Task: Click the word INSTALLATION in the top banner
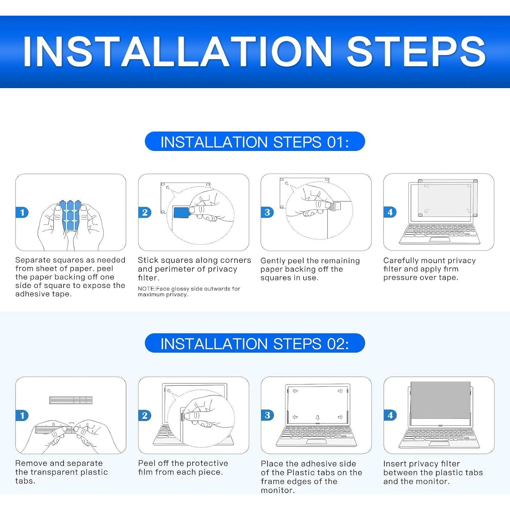pyautogui.click(x=177, y=51)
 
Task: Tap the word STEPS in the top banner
pyautogui.click(x=416, y=51)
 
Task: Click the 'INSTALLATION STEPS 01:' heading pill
pyautogui.click(x=255, y=141)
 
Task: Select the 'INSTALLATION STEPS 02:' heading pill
pyautogui.click(x=255, y=343)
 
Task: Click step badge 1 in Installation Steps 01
pyautogui.click(x=22, y=213)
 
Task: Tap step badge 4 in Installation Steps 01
pyautogui.click(x=390, y=213)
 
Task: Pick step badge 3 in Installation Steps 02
pyautogui.click(x=267, y=415)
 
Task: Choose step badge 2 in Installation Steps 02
pyautogui.click(x=144, y=415)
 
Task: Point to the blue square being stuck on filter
pyautogui.click(x=181, y=213)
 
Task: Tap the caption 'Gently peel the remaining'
pyautogui.click(x=310, y=261)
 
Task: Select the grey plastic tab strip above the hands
pyautogui.click(x=71, y=400)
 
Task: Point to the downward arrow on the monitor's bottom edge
pyautogui.click(x=318, y=418)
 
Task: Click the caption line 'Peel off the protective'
pyautogui.click(x=183, y=463)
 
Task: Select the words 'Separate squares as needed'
pyautogui.click(x=70, y=260)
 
